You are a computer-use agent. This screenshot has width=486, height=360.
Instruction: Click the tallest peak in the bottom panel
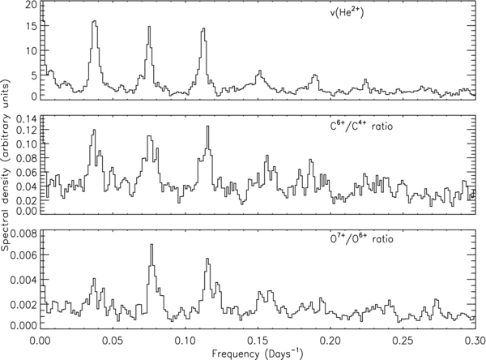point(151,245)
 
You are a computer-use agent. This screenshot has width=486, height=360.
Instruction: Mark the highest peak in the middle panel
point(207,126)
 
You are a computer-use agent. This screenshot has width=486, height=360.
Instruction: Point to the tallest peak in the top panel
point(94,23)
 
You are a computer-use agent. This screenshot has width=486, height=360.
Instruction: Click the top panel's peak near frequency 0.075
point(150,28)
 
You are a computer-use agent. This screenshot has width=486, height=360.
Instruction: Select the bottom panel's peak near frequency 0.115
point(208,259)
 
